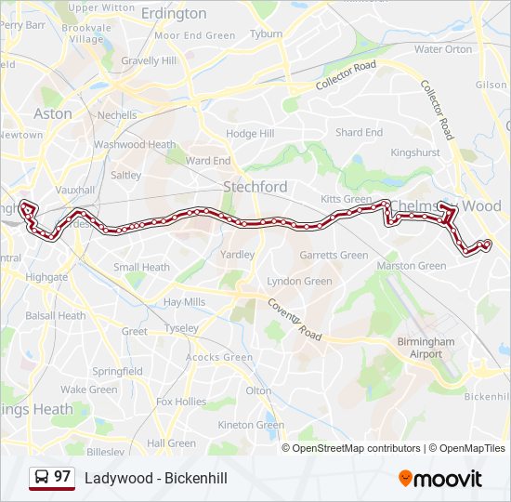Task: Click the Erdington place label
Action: [x=176, y=13]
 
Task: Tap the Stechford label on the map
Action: [x=255, y=187]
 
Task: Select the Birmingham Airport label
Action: [x=426, y=348]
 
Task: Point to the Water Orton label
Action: [x=443, y=49]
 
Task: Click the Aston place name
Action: [x=52, y=113]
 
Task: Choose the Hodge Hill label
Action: [x=250, y=134]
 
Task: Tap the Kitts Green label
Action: [x=346, y=200]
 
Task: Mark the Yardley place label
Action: [x=238, y=254]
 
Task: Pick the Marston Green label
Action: [x=411, y=266]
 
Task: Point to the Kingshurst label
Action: [x=414, y=152]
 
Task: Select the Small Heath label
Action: [x=141, y=267]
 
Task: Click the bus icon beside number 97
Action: [x=42, y=478]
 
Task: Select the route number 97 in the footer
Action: [x=62, y=477]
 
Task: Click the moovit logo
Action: [x=440, y=479]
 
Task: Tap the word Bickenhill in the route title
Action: [x=196, y=479]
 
